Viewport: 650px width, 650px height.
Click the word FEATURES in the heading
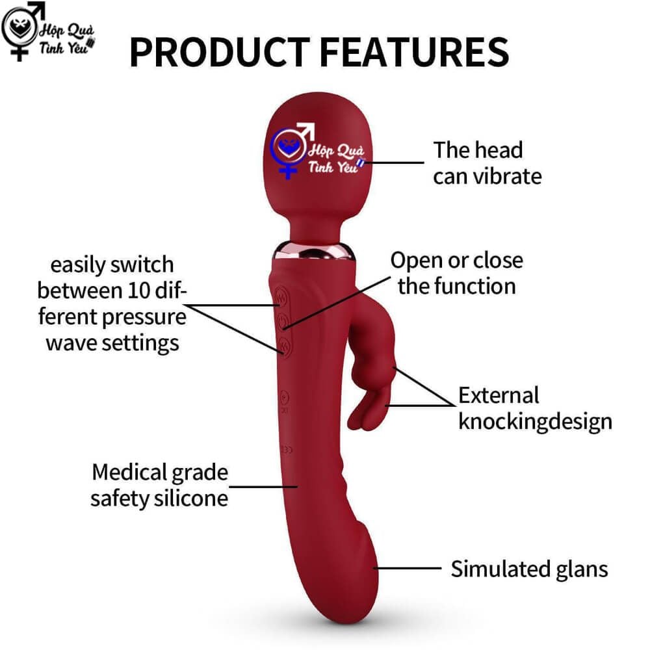[414, 52]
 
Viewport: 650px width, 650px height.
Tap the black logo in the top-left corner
[48, 31]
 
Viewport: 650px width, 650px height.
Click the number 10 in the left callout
[139, 291]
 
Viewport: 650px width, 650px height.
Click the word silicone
[191, 498]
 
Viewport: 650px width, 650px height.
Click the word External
[499, 395]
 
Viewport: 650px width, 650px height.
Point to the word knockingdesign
[535, 422]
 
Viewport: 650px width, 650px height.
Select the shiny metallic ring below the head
[314, 251]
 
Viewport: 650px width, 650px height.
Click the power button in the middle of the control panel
[282, 321]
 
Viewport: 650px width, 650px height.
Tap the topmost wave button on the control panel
[281, 297]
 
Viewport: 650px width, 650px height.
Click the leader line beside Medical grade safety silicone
[263, 487]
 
